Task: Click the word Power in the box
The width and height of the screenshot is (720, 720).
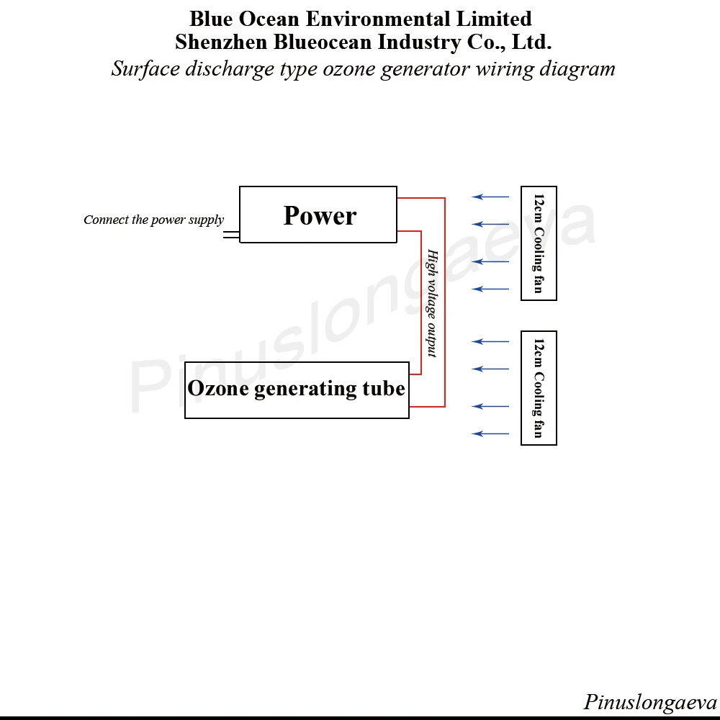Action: (320, 215)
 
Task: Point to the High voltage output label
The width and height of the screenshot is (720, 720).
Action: (432, 303)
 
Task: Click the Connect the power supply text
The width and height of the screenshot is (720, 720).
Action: (154, 220)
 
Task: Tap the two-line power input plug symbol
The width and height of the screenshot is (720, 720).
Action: (231, 235)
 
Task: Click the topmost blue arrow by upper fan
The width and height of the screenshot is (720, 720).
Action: (490, 197)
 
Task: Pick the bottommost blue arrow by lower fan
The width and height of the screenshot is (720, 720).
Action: (490, 434)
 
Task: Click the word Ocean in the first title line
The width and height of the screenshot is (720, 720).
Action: (269, 19)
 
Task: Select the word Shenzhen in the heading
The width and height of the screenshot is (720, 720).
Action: (221, 42)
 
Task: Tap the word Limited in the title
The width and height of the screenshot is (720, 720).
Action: (494, 19)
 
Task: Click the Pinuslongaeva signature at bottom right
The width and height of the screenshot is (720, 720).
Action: (649, 702)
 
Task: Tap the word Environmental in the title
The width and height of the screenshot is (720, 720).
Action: (378, 19)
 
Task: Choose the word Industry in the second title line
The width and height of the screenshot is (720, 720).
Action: (419, 42)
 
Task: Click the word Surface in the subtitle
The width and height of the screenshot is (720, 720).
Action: (146, 69)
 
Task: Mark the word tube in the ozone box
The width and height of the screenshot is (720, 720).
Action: (384, 389)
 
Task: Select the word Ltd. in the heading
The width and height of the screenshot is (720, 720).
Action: (531, 42)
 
